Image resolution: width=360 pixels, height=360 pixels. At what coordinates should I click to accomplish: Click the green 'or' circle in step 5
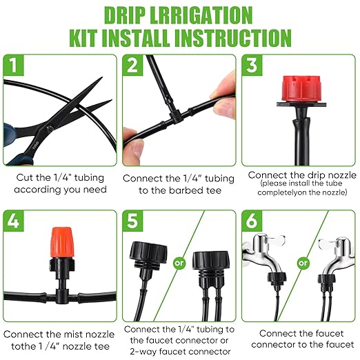click(178, 262)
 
